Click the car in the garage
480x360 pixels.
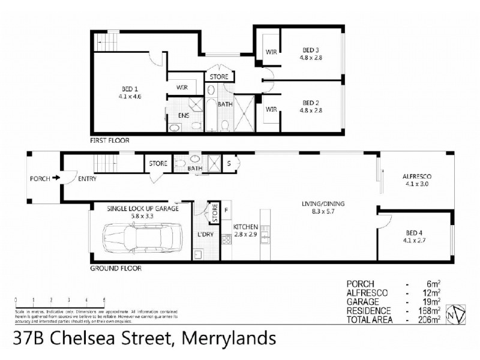(x=142, y=238)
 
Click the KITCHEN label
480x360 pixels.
(x=246, y=226)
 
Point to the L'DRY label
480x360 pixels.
(x=206, y=234)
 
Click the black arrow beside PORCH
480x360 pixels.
(x=55, y=178)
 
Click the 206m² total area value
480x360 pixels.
(x=432, y=320)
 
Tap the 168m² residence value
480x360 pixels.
(x=432, y=311)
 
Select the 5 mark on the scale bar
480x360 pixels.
(x=104, y=299)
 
